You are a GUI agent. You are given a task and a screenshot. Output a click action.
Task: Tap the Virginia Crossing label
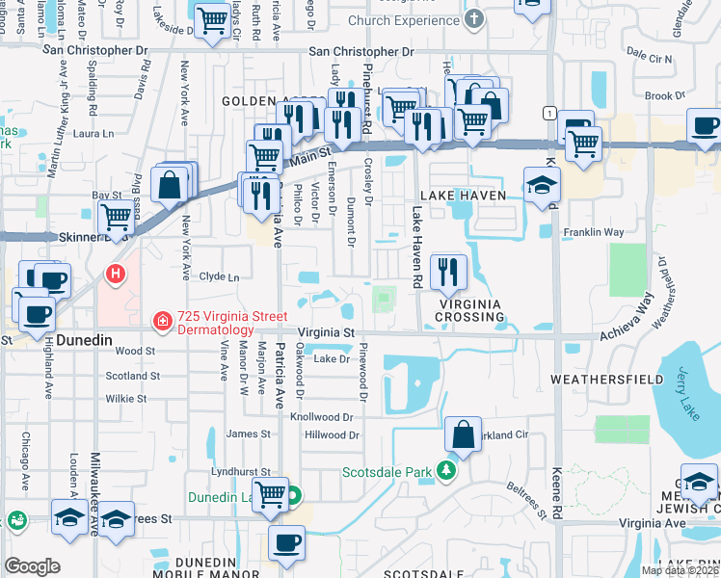[471, 303]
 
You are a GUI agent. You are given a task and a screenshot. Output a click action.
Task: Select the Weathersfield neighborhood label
[595, 380]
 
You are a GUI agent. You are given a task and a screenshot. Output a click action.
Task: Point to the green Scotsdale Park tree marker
[445, 471]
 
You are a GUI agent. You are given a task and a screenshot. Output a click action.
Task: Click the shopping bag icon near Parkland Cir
[464, 433]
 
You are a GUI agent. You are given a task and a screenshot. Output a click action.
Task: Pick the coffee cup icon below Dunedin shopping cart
[285, 543]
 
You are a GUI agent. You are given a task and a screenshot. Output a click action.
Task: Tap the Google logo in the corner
[32, 566]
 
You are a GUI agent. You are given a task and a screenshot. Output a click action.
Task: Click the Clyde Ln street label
[219, 276]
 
